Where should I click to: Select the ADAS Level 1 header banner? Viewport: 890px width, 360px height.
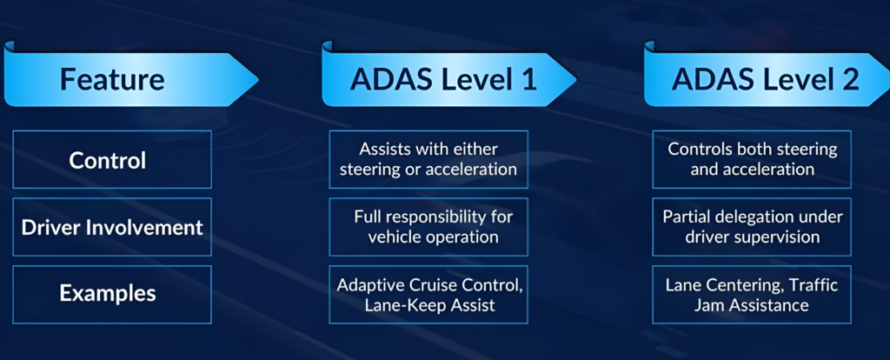click(443, 80)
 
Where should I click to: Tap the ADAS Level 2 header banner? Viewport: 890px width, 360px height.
click(765, 80)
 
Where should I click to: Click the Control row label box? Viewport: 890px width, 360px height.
click(112, 160)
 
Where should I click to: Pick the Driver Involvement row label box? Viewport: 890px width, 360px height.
click(112, 227)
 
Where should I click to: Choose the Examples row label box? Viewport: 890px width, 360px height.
click(112, 294)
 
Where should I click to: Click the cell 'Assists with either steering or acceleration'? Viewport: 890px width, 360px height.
click(428, 158)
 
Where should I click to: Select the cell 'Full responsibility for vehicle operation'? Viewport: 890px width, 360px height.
click(428, 225)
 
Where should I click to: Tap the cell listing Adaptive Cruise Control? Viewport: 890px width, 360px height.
click(428, 294)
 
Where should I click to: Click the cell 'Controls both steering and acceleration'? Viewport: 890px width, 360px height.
click(752, 158)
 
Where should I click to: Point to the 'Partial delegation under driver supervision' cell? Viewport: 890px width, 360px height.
click(752, 225)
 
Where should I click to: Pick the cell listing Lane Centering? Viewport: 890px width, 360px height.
click(752, 294)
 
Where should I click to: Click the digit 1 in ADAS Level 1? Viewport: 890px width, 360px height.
click(528, 80)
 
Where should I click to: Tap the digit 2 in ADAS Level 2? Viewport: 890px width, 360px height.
click(848, 80)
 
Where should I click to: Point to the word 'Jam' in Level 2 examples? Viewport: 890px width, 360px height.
click(719, 305)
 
